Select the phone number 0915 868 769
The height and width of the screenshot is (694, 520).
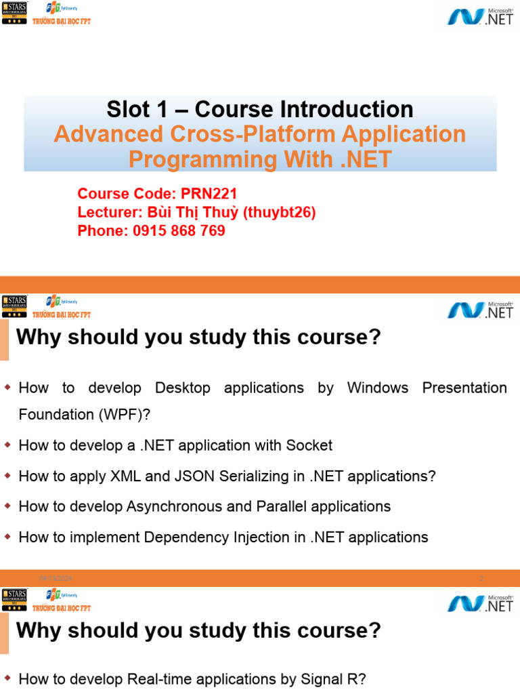pyautogui.click(x=179, y=231)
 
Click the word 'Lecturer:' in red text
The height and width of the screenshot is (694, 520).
pyautogui.click(x=108, y=213)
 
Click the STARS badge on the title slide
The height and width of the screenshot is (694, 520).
pyautogui.click(x=14, y=13)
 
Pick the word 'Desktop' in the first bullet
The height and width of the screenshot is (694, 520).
pyautogui.click(x=182, y=388)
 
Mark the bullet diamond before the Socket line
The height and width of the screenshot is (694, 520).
pyautogui.click(x=8, y=445)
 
